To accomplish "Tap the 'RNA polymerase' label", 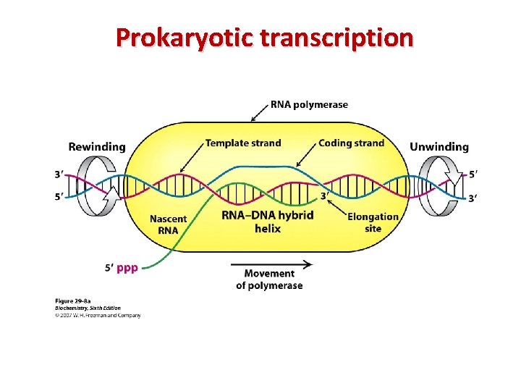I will click(x=309, y=104).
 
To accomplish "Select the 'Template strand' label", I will click(x=243, y=143).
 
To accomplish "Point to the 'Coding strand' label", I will click(x=351, y=143).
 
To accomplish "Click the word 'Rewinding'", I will click(x=97, y=147).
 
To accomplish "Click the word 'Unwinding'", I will click(x=439, y=147).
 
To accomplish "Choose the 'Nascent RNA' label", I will click(x=168, y=224).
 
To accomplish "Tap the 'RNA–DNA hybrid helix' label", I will click(x=267, y=222).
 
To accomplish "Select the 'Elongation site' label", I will click(x=373, y=222).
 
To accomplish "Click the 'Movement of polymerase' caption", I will click(x=269, y=279).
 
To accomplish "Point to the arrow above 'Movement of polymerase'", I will click(x=271, y=264).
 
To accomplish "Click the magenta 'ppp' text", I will click(x=127, y=267).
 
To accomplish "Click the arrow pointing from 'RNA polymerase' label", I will click(x=258, y=113).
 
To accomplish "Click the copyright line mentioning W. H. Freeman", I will click(x=98, y=315).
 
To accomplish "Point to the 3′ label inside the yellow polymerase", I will click(x=326, y=195).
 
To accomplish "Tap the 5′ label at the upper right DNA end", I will click(x=473, y=175).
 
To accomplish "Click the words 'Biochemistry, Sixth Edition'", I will click(x=88, y=307).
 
